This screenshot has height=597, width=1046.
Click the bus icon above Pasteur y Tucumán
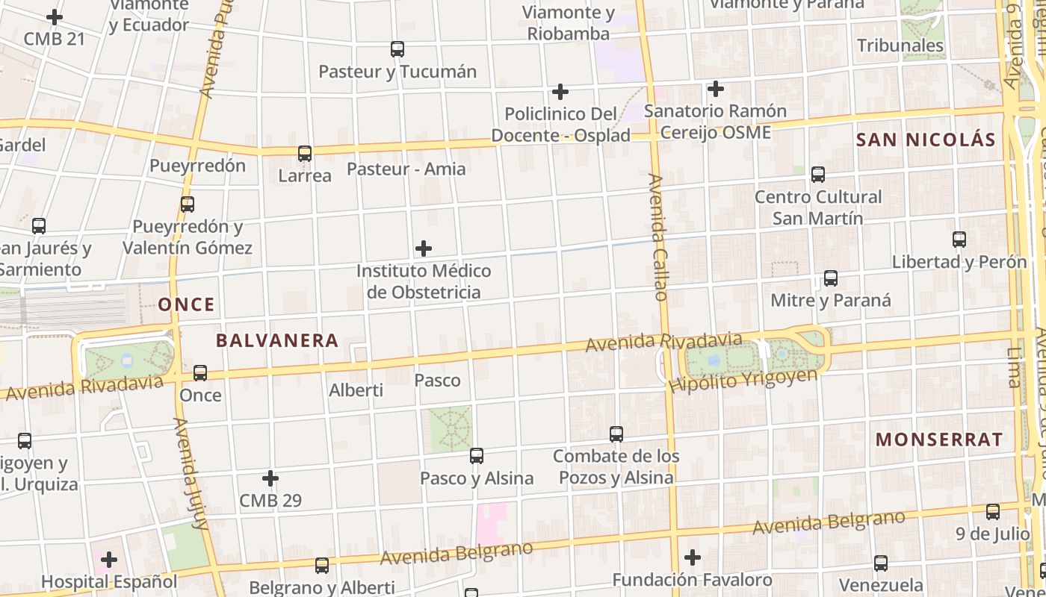pos(397,49)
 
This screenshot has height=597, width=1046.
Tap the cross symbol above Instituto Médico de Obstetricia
pos(424,248)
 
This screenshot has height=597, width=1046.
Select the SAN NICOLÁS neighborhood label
pos(926,140)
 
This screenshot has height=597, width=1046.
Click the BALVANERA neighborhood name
pos(277,341)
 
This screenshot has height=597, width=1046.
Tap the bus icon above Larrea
pos(305,154)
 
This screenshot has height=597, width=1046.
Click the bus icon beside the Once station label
pos(200,372)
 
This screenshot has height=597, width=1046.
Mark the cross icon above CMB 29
pos(270,478)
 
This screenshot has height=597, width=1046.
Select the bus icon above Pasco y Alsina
pos(477,455)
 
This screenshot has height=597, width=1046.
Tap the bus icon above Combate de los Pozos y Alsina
pos(616,434)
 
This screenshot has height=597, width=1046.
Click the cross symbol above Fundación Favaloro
pos(693,557)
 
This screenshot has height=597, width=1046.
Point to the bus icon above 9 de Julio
pos(993,512)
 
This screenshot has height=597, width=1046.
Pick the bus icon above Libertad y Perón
pos(959,240)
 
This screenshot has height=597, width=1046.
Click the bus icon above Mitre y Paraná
pos(831,278)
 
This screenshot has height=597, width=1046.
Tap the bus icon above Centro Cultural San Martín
pos(818,175)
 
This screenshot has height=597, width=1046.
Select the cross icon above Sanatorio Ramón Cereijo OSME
pos(716,89)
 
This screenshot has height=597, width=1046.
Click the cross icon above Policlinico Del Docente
pos(560,92)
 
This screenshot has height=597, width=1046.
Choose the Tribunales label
pos(900,46)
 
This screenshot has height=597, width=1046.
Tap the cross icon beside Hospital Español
pos(109,559)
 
